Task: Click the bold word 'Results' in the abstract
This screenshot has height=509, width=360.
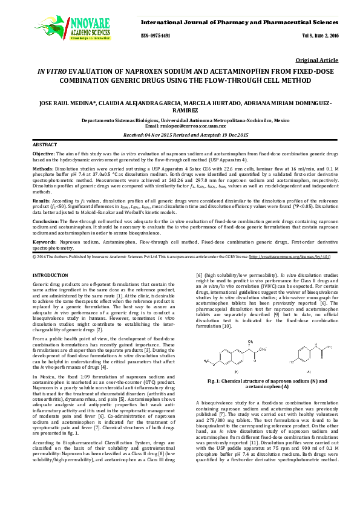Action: [x=41, y=199]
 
